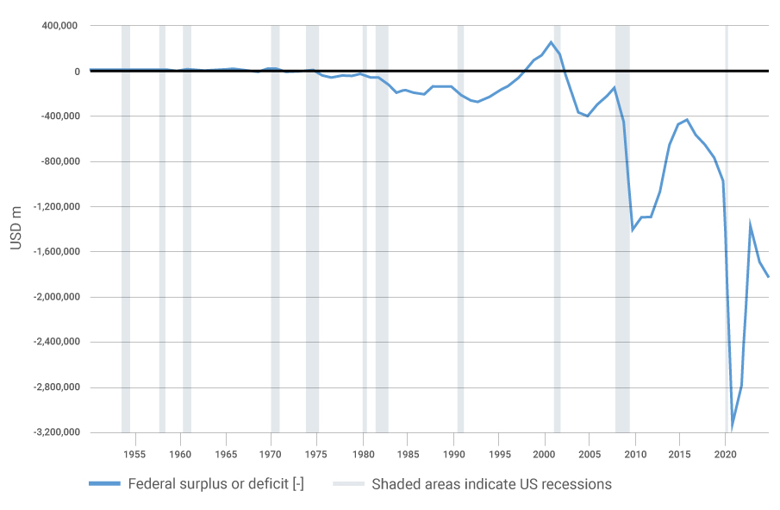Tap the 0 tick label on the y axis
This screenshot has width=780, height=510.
(x=76, y=72)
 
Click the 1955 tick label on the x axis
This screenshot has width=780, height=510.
(x=134, y=453)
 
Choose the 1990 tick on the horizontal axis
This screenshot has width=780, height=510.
(x=453, y=453)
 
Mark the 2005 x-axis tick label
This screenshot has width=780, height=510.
(x=590, y=453)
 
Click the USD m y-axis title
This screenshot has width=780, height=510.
(x=16, y=229)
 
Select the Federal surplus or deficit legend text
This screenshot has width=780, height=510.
(x=215, y=483)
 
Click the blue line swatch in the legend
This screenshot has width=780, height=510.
(x=104, y=484)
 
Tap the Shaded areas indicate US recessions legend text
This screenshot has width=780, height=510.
(x=491, y=483)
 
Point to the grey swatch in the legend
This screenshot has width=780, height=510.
(x=348, y=484)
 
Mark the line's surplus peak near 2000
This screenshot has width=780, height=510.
(x=551, y=42)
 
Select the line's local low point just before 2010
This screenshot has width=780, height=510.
(x=633, y=230)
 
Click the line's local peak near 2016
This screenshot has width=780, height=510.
(x=687, y=120)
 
